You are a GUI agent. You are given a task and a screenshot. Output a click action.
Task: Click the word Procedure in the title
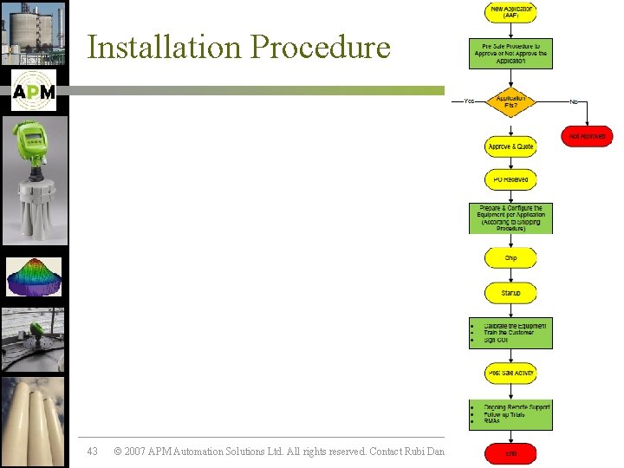point(321,47)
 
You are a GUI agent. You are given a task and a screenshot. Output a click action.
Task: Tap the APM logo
point(34,90)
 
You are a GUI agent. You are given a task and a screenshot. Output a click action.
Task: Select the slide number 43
point(93,452)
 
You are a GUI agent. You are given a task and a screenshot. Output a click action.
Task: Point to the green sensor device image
point(34,182)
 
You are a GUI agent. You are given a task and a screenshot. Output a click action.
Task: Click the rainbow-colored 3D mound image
point(34,276)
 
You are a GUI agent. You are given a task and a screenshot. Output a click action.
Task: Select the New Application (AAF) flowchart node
point(510,12)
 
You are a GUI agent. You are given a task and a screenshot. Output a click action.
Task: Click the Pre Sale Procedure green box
point(510,53)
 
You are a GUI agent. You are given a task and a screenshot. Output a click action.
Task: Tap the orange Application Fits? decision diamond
point(510,101)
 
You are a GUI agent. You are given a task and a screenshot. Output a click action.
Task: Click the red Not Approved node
point(586,136)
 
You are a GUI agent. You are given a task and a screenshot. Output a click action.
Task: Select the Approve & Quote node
point(510,146)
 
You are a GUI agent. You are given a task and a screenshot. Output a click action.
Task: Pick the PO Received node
point(510,180)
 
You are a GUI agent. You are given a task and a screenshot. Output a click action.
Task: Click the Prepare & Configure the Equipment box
point(510,218)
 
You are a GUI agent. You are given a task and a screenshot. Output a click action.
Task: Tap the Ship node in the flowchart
point(510,258)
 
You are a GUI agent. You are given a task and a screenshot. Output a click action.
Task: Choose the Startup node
point(510,294)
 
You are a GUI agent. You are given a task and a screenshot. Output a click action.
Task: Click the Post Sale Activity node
point(510,373)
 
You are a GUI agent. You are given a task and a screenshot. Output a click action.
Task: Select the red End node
point(510,452)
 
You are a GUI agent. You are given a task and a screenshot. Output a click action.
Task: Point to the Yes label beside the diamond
point(469,101)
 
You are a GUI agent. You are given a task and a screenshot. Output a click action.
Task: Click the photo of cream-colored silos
point(34,421)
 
